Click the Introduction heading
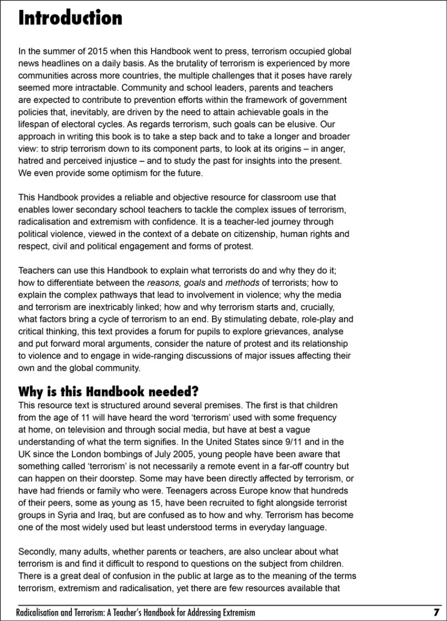(70, 18)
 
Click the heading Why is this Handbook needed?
(108, 392)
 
